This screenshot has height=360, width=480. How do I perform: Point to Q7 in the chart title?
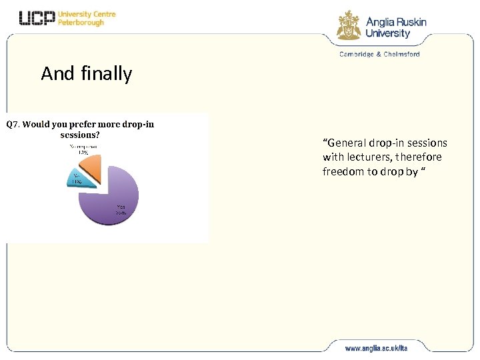tap(13, 124)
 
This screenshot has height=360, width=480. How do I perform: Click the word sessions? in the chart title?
tap(80, 134)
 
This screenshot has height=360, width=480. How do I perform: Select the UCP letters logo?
tap(37, 19)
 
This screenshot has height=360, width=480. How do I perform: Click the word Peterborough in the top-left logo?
tap(81, 23)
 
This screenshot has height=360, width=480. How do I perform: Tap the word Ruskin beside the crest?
tap(409, 22)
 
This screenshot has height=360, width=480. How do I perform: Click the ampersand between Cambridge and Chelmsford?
tap(378, 55)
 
